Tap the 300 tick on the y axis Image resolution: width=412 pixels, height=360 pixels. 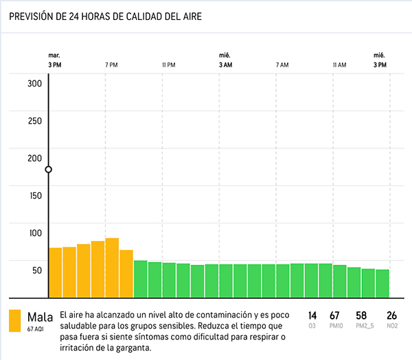pyautogui.click(x=34, y=84)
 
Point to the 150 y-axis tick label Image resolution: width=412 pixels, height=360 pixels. pyautogui.click(x=34, y=195)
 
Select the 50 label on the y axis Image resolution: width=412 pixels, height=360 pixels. pyautogui.click(x=36, y=270)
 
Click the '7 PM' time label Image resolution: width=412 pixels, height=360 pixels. pyautogui.click(x=111, y=65)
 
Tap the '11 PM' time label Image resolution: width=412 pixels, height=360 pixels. pyautogui.click(x=168, y=65)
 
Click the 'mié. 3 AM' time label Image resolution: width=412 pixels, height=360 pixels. pyautogui.click(x=225, y=60)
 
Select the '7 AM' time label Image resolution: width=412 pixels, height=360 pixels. pyautogui.click(x=282, y=65)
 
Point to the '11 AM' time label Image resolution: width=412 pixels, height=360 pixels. pyautogui.click(x=339, y=65)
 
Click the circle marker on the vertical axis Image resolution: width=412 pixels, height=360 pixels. pyautogui.click(x=48, y=169)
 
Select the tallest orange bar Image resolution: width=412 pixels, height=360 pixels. pyautogui.click(x=112, y=267)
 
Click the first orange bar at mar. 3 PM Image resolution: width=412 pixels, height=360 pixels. pyautogui.click(x=55, y=271)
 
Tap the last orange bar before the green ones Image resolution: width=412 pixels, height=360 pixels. pyautogui.click(x=126, y=273)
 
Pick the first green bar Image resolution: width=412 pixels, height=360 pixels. pyautogui.click(x=140, y=278)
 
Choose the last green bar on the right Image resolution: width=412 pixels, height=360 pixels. pyautogui.click(x=382, y=282)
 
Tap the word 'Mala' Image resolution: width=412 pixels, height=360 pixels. pyautogui.click(x=40, y=317)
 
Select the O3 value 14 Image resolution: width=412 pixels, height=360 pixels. pyautogui.click(x=312, y=315)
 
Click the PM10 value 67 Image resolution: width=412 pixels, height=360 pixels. pyautogui.click(x=335, y=315)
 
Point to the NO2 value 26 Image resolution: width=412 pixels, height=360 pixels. pyautogui.click(x=392, y=315)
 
